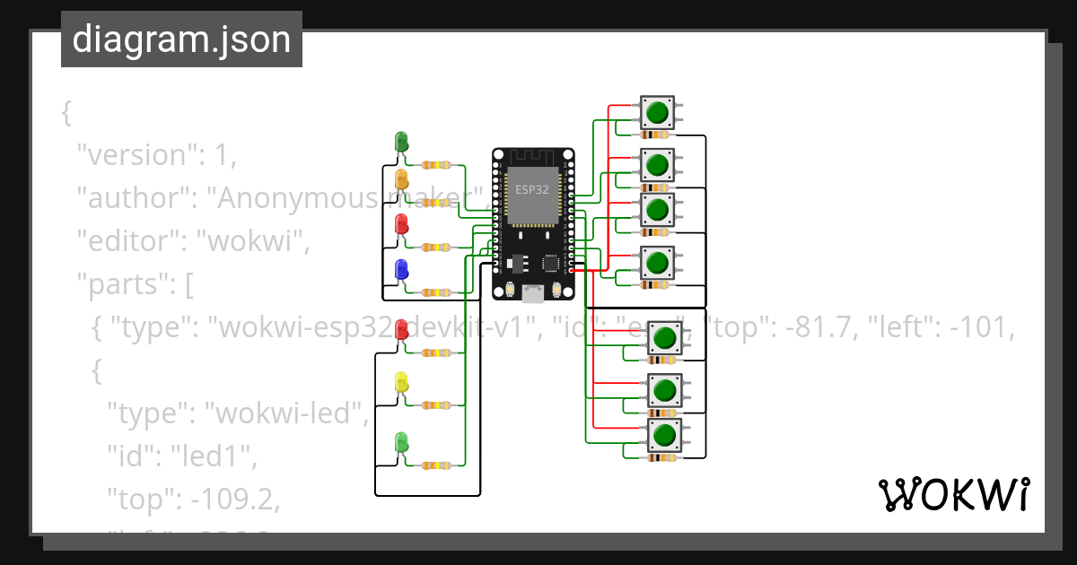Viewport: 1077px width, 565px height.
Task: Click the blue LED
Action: [x=401, y=268]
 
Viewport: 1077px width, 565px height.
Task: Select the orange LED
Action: [x=401, y=178]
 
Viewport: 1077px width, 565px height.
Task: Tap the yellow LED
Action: [x=401, y=381]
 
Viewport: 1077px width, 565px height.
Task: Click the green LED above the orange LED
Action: [x=401, y=141]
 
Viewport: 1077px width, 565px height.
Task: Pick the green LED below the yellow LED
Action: [x=401, y=441]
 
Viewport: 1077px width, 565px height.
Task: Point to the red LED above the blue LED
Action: [x=401, y=222]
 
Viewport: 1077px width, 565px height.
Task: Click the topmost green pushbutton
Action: [x=657, y=112]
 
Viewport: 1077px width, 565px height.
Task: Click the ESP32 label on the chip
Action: [x=532, y=189]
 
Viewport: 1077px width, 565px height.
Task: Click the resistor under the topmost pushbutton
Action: [x=658, y=135]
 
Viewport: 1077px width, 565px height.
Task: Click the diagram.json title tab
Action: [x=181, y=39]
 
